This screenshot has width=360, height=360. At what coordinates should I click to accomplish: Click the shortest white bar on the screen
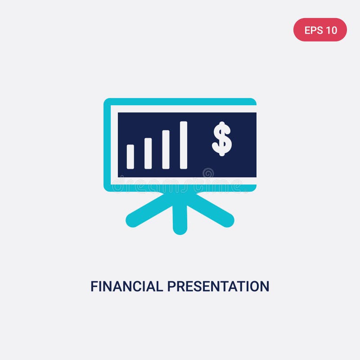tap(130, 157)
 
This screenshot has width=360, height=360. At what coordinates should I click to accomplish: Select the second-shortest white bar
tap(148, 153)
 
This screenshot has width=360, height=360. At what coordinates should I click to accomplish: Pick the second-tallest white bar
tap(166, 149)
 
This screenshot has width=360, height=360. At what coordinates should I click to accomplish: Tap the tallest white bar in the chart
tap(184, 145)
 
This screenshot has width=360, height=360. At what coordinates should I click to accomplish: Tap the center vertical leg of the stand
tap(180, 216)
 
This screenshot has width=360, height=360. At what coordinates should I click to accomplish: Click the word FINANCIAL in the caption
tap(127, 286)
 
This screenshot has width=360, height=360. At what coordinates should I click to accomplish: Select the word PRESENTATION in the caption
tap(218, 286)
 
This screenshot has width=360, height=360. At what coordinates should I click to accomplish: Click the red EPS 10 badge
tap(320, 30)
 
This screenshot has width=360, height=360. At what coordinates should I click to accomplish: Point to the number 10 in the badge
tap(331, 30)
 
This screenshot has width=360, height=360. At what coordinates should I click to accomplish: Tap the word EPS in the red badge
tap(313, 30)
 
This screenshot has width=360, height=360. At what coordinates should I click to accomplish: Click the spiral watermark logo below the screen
tap(208, 173)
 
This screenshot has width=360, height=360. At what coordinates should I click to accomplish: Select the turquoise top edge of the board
tap(180, 102)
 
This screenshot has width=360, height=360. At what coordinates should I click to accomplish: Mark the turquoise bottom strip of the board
tap(180, 188)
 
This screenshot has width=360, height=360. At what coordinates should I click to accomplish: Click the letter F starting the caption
tap(94, 286)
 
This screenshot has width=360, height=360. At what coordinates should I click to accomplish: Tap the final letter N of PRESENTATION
tap(265, 286)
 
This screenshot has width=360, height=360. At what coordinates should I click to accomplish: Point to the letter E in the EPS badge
tap(308, 30)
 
